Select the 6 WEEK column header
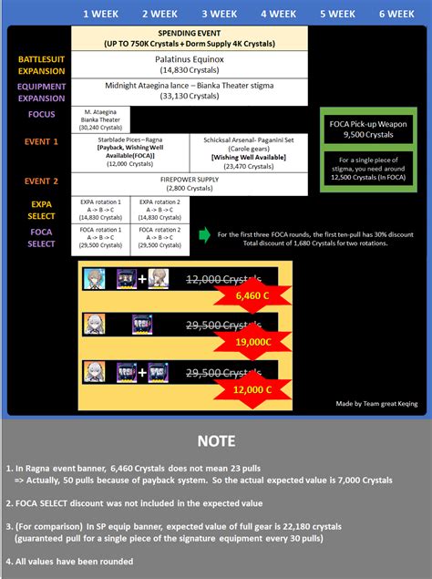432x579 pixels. [396, 14]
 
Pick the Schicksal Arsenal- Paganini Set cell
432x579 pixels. [250, 148]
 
